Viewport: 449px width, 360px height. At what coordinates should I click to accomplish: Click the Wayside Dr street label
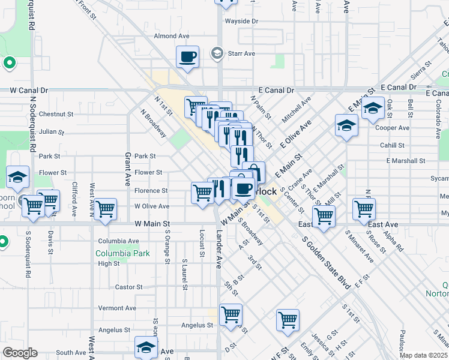click(x=241, y=21)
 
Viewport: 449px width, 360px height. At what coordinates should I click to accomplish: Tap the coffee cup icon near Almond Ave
click(x=187, y=57)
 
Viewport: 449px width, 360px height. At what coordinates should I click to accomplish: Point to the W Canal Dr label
click(x=29, y=90)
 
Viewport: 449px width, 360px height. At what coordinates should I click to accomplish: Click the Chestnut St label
click(x=56, y=113)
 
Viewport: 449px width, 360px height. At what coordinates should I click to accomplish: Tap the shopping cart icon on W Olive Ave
click(x=105, y=209)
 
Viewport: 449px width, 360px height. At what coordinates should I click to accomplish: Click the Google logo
click(x=19, y=353)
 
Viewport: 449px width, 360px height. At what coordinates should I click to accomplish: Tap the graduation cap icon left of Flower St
click(x=17, y=176)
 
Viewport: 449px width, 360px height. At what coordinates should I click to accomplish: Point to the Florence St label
click(x=151, y=191)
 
